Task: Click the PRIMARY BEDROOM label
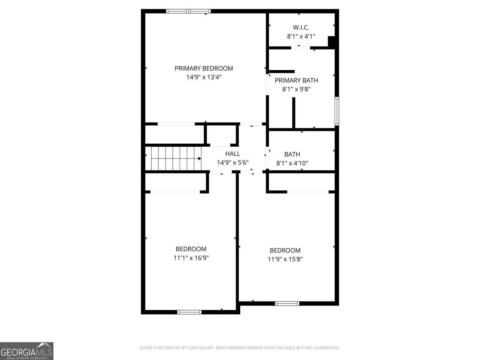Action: click(x=204, y=68)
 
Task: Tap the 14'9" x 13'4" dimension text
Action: click(x=204, y=77)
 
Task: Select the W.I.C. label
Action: click(x=301, y=28)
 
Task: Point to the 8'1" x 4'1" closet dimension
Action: click(x=301, y=37)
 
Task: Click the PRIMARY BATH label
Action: click(x=296, y=80)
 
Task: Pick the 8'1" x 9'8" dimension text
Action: click(x=296, y=89)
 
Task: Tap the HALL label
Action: click(x=232, y=154)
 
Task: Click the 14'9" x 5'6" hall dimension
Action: click(x=232, y=163)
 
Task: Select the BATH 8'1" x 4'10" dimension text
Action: click(x=292, y=163)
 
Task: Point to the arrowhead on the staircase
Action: click(x=199, y=158)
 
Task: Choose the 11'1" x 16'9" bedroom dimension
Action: click(x=191, y=258)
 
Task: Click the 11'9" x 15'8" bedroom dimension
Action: click(x=285, y=259)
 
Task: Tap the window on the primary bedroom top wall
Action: click(x=188, y=11)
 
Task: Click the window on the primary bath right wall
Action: click(x=337, y=111)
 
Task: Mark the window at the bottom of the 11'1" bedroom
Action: click(x=189, y=312)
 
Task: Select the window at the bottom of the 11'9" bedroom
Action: click(x=287, y=303)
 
